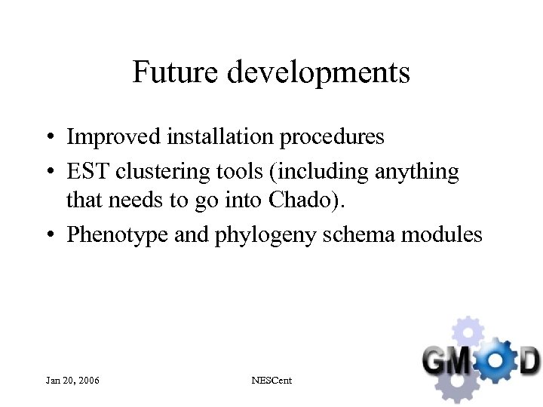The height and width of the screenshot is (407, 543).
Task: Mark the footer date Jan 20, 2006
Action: [x=72, y=381]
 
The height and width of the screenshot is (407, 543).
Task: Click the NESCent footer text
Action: [x=271, y=381]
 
